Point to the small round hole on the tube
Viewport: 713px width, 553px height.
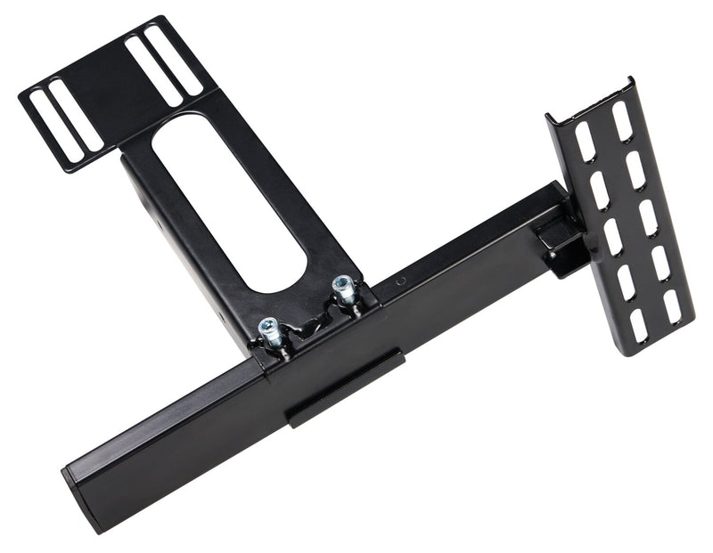coord(400,281)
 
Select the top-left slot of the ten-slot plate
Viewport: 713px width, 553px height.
coord(585,142)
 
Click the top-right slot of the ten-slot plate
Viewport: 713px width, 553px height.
coord(622,121)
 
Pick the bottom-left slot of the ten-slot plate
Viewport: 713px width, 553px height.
coord(637,326)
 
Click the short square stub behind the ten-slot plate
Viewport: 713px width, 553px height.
coord(558,244)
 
